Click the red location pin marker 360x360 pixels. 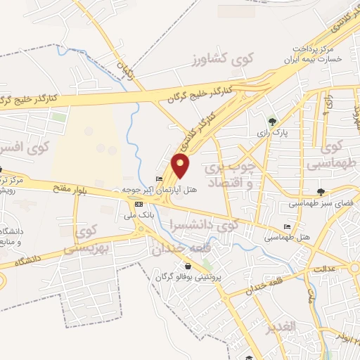click(181, 166)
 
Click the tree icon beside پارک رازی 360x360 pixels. click(273, 120)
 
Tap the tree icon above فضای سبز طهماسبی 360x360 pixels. click(321, 191)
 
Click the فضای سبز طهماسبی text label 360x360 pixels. click(320, 204)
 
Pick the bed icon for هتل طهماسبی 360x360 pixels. click(286, 226)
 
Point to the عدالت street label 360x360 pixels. click(326, 269)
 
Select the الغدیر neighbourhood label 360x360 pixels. click(280, 328)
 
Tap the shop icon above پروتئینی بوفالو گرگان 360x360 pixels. click(188, 266)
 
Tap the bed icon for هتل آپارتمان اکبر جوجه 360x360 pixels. click(158, 178)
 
